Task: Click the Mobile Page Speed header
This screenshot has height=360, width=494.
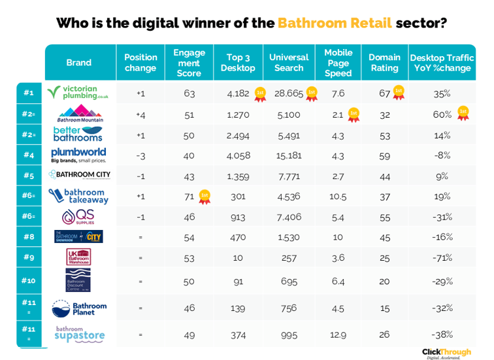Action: coord(338,62)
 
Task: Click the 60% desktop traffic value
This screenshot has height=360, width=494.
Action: coord(442,114)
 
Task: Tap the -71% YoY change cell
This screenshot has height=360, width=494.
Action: coord(442,257)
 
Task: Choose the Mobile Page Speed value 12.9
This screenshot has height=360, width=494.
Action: coord(338,335)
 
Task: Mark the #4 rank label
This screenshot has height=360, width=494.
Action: coord(29,155)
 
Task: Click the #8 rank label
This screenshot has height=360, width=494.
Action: coord(29,237)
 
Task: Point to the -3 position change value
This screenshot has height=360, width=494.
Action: coord(140,155)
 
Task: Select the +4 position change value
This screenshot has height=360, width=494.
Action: coord(140,114)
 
